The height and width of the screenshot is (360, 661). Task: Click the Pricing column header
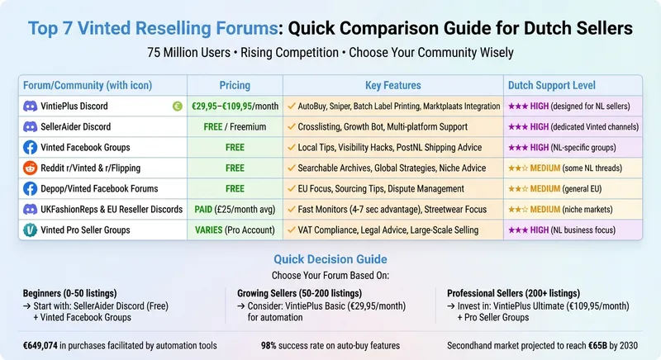[235, 85]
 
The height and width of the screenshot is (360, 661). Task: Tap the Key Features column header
[392, 85]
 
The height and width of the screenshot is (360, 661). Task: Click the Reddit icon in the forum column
[30, 168]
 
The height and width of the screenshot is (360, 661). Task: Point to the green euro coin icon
[176, 107]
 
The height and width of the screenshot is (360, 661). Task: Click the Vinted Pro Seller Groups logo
[30, 230]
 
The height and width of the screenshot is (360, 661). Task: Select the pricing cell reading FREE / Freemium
[235, 127]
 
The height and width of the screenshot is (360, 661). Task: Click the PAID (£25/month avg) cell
[235, 209]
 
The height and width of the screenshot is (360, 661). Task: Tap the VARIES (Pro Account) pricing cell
[235, 230]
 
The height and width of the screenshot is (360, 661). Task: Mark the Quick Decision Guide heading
[330, 259]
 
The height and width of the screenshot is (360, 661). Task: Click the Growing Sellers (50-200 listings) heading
[300, 292]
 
